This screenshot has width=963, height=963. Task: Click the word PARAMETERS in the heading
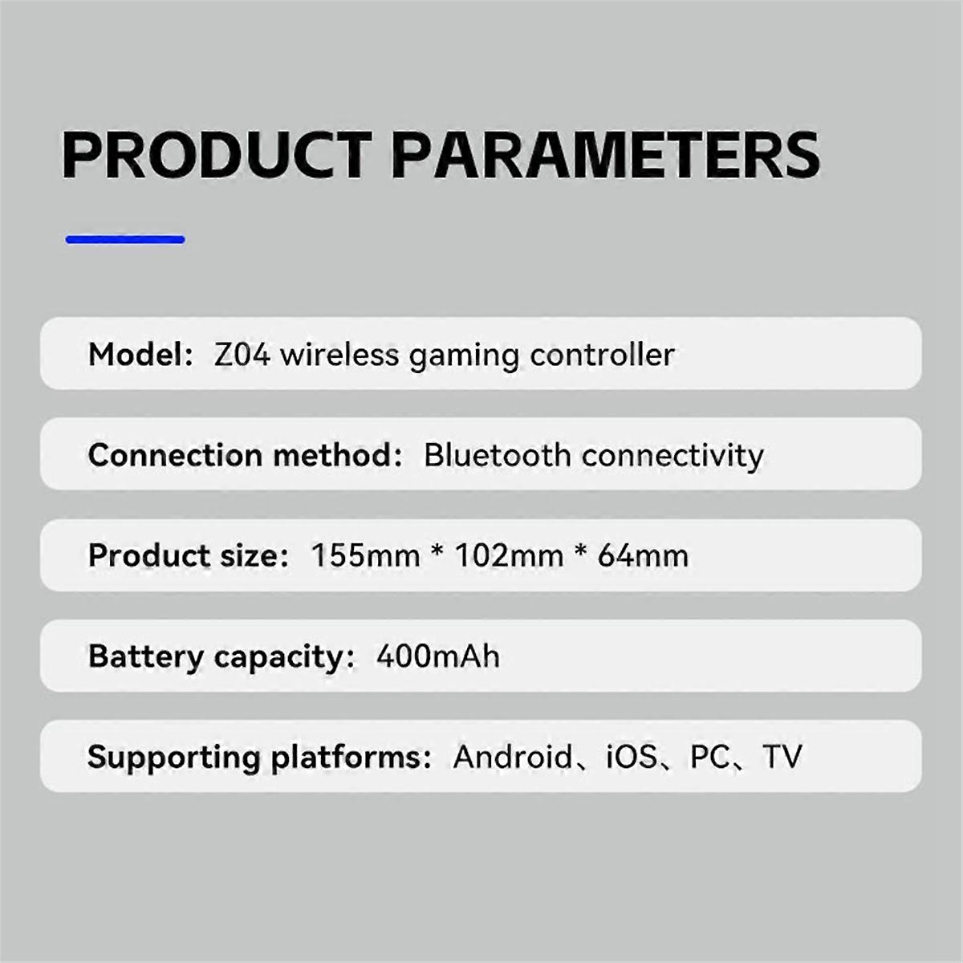pyautogui.click(x=606, y=154)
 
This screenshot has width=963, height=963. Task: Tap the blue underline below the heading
pyautogui.click(x=125, y=239)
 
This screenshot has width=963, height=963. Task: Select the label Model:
pyautogui.click(x=140, y=354)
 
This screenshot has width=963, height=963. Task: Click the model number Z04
pyautogui.click(x=242, y=354)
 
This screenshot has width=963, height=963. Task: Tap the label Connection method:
pyautogui.click(x=245, y=455)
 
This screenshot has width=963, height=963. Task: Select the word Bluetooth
pyautogui.click(x=497, y=455)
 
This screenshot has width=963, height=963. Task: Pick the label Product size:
pyautogui.click(x=188, y=555)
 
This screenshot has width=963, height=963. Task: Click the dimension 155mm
pyautogui.click(x=365, y=555)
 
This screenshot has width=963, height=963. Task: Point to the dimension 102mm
pyautogui.click(x=509, y=555)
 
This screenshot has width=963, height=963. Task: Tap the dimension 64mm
pyautogui.click(x=643, y=555)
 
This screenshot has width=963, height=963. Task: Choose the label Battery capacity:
pyautogui.click(x=221, y=656)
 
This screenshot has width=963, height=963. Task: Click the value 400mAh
pyautogui.click(x=437, y=656)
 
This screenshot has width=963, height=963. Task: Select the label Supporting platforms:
pyautogui.click(x=259, y=757)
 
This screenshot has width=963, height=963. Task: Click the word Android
pyautogui.click(x=512, y=756)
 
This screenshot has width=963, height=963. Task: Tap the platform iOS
pyautogui.click(x=632, y=756)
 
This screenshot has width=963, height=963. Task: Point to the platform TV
pyautogui.click(x=782, y=756)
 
